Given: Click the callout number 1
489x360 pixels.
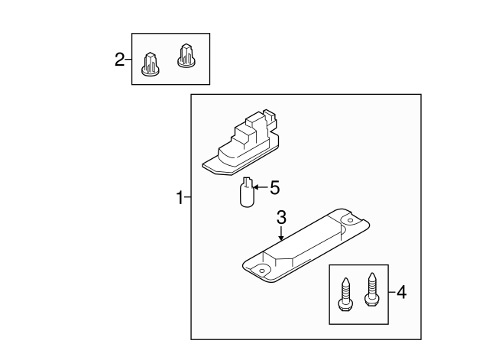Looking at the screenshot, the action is [180, 197].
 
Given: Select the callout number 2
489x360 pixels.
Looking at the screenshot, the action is [119, 60].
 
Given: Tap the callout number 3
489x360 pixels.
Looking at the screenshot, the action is [281, 217].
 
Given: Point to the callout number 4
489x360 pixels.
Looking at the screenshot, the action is [402, 293].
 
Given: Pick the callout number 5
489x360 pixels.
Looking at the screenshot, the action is [275, 188].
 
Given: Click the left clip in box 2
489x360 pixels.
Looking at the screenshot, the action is [151, 64].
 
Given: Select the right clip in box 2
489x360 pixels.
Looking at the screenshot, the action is [186, 56].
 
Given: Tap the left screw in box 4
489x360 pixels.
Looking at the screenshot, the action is [345, 294].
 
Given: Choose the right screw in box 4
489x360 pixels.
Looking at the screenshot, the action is [371, 290].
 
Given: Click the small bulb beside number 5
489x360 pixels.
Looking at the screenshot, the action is [248, 192].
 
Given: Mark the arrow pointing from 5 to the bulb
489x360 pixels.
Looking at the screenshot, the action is [261, 187].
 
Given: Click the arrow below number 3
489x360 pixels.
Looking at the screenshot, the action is [281, 234].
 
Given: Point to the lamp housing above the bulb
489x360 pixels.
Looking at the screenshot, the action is [241, 143].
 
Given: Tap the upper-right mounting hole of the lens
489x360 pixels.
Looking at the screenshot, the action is [350, 221].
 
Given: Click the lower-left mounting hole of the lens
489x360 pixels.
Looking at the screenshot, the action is [262, 271].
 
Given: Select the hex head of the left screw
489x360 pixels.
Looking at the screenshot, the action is [345, 305].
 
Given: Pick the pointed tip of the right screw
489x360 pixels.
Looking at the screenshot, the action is [372, 274].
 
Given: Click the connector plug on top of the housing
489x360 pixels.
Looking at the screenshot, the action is [270, 118].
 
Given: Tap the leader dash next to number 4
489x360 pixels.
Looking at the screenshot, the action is [392, 292].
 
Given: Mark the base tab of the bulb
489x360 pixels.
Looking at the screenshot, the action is [247, 182].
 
